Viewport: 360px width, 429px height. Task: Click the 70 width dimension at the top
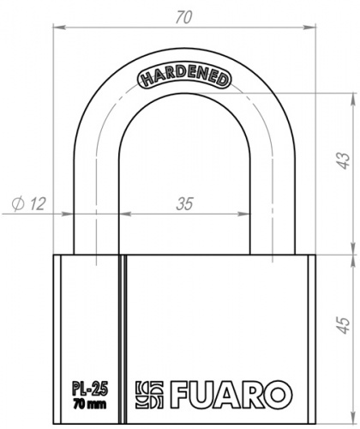tap(183, 15)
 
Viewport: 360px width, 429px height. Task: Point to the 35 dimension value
tap(183, 203)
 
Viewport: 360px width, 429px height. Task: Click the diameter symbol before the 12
tap(18, 203)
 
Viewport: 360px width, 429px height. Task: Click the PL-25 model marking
tap(83, 384)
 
